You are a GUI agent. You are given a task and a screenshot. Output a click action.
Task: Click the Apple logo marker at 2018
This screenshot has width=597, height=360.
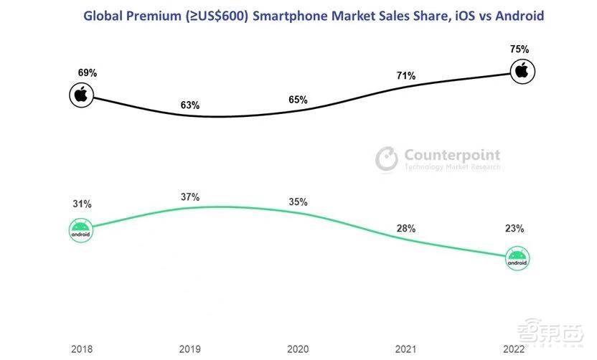pos(81,94)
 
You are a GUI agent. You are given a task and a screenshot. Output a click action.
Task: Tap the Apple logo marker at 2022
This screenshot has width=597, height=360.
pos(522,70)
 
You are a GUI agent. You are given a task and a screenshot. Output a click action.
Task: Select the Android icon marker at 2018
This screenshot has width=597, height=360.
pos(81,230)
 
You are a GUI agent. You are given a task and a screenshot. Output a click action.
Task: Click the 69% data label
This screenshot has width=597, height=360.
pos(88,73)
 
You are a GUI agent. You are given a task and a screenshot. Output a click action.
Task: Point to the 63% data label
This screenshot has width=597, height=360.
pos(190,105)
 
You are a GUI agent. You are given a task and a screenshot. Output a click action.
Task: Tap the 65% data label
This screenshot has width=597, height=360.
pos(297,100)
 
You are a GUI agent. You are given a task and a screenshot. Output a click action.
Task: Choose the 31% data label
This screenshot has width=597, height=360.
pos(82,204)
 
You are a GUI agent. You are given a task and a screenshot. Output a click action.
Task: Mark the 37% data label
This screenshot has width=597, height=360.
pos(190,197)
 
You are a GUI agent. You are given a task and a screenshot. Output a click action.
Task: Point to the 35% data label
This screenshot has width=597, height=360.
pos(298,202)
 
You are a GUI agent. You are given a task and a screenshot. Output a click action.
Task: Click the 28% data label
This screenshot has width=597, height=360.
pos(405,228)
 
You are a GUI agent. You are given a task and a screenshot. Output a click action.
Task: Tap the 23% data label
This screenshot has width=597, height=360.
pos(514,229)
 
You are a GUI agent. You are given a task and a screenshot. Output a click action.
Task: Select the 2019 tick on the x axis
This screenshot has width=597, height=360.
pos(190,349)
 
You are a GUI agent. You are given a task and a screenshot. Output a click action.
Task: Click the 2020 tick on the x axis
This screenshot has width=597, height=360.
pos(298,349)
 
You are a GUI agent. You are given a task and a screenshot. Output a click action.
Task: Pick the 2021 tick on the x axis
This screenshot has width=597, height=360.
pos(405,349)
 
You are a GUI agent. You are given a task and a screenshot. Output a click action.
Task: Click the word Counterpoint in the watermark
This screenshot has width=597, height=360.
pos(452,155)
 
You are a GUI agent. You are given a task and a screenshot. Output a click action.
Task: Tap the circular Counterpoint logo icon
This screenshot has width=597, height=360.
pos(387,159)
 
